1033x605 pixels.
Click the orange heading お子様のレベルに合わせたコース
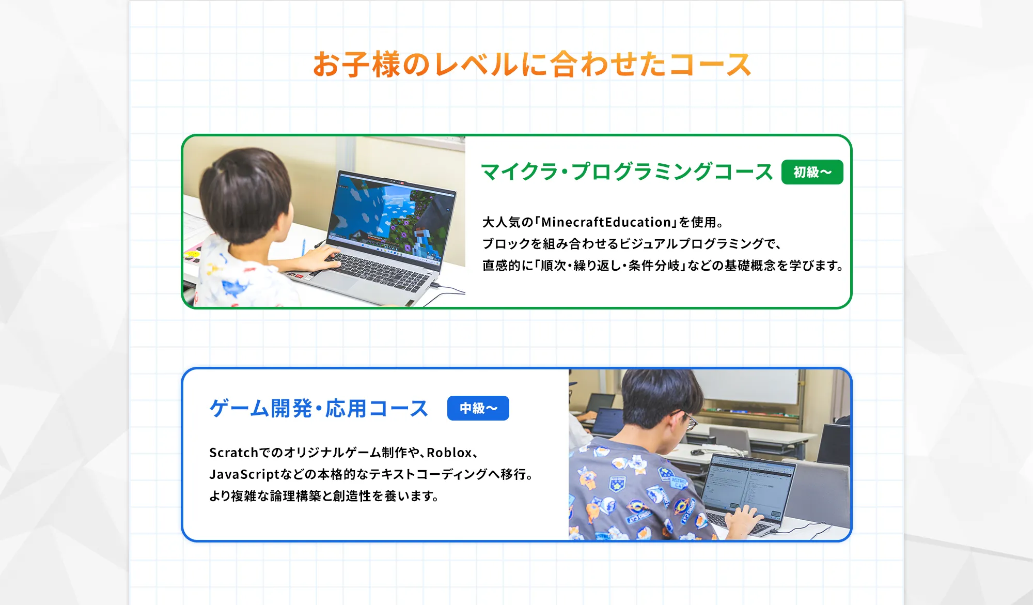click(532, 65)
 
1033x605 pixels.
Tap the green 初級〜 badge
click(812, 172)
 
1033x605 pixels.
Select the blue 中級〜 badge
click(478, 408)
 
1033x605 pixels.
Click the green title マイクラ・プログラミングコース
click(627, 172)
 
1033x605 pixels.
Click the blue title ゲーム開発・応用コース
click(319, 408)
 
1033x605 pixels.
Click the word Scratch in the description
click(233, 453)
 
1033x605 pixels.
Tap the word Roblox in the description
click(449, 453)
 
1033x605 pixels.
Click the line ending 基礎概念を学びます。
click(663, 266)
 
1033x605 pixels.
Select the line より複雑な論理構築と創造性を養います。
click(324, 496)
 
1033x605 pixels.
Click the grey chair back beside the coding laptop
click(821, 491)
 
